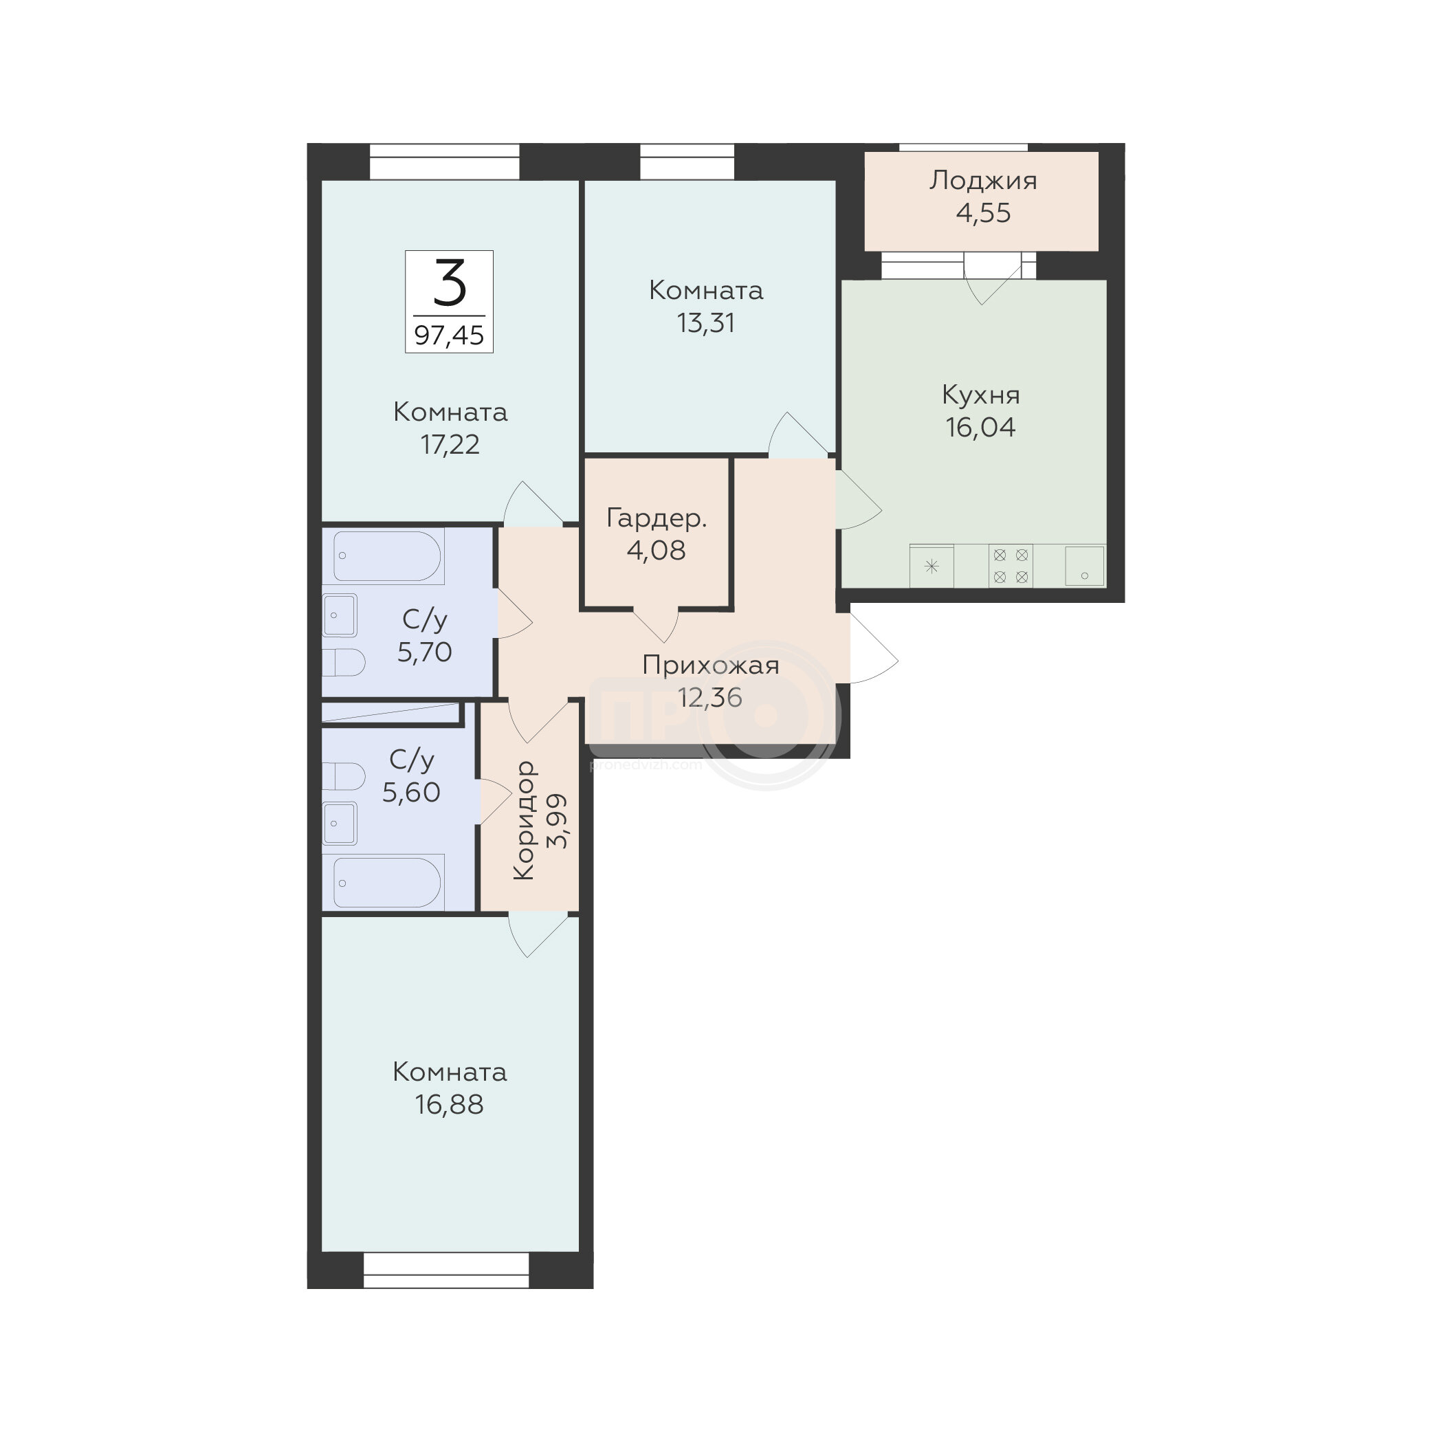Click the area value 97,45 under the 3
point(449,335)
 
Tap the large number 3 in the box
point(449,283)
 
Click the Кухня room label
point(980,395)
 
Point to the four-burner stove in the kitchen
point(1011,566)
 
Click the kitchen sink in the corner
point(1084,566)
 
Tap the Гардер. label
point(657,519)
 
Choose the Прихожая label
point(711,665)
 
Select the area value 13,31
point(705,323)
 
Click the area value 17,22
point(450,445)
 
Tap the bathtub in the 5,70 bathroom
point(387,556)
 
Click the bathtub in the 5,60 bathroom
point(387,883)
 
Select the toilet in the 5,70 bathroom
point(344,663)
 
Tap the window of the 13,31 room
point(687,162)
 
